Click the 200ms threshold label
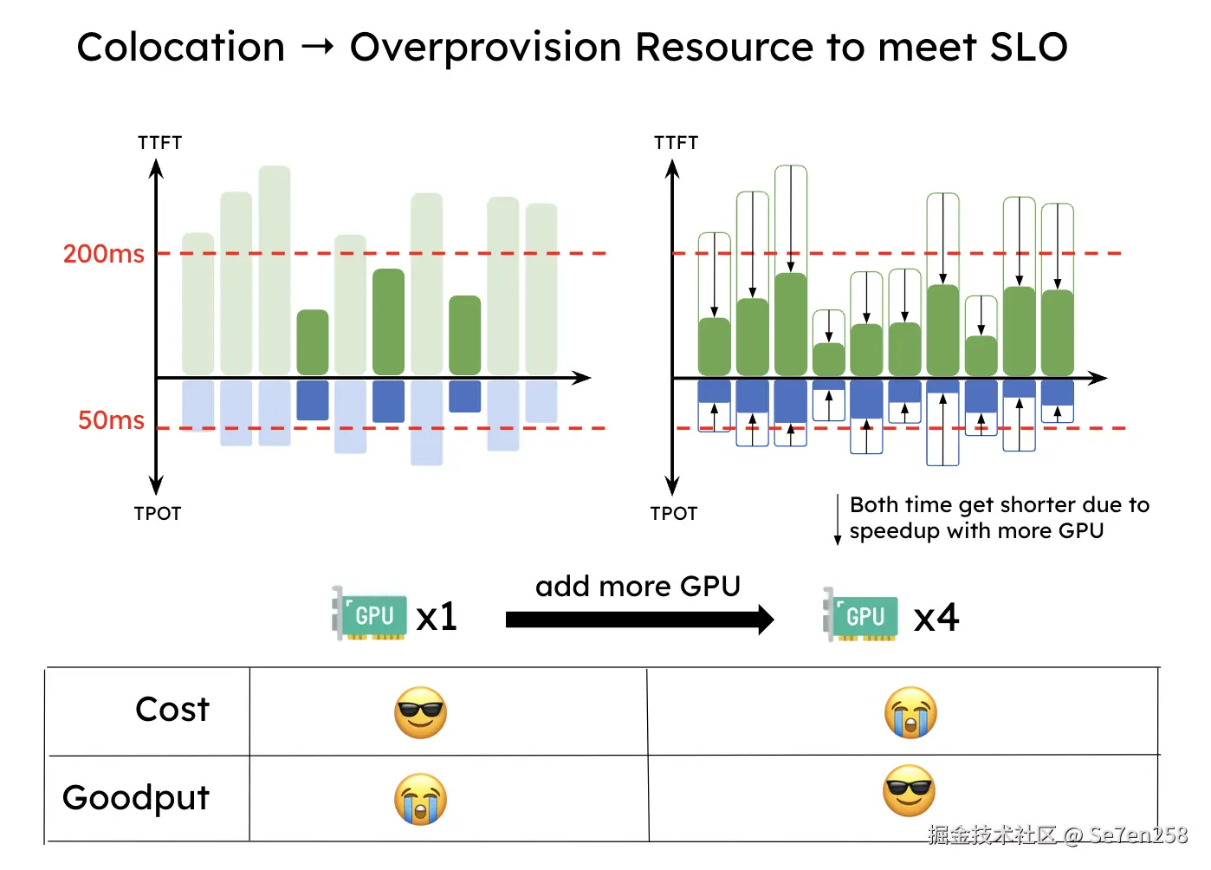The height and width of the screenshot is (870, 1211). [x=104, y=254]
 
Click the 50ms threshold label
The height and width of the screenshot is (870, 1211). [x=111, y=420]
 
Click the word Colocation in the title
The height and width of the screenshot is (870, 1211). [x=181, y=47]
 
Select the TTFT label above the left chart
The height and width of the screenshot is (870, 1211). [x=159, y=143]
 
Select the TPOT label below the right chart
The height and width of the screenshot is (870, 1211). [x=674, y=514]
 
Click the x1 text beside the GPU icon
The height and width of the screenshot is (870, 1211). [x=437, y=617]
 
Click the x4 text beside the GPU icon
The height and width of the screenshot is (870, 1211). [x=936, y=618]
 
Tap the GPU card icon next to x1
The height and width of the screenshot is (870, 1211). [x=371, y=614]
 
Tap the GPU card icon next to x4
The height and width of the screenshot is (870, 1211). [x=861, y=615]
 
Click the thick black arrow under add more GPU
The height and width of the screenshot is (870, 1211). [x=639, y=620]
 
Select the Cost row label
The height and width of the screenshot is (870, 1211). [x=172, y=710]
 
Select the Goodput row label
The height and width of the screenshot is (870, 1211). [x=136, y=797]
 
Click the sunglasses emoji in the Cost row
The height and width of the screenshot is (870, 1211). [x=420, y=713]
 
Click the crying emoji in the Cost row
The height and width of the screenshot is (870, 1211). [x=910, y=713]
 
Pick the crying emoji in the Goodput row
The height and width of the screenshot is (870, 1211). [x=420, y=799]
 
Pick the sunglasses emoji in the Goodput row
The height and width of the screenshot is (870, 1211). [x=909, y=790]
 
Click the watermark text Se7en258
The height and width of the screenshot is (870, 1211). [x=1138, y=835]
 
